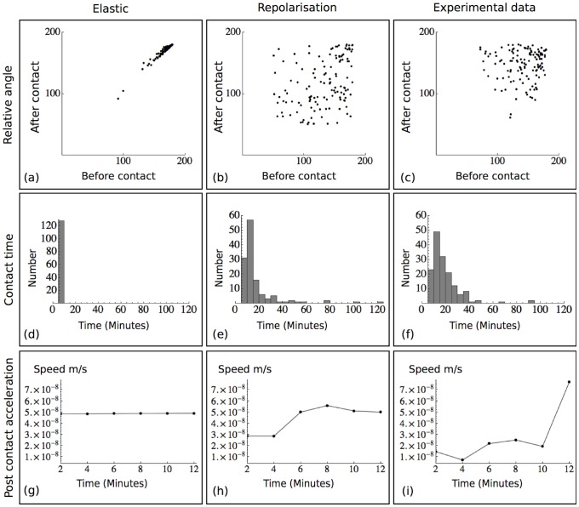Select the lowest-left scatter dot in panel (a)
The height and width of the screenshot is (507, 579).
tap(118, 99)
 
